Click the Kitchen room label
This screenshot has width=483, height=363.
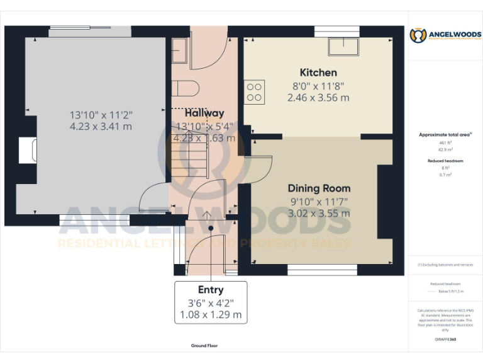[318, 72]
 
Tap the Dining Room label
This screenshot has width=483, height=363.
[319, 188]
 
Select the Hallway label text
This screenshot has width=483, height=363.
[204, 113]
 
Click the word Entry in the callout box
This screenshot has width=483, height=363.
[211, 290]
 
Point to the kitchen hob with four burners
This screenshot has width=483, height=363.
[255, 92]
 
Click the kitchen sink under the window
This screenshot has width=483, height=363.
[343, 47]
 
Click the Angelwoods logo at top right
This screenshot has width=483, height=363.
[445, 35]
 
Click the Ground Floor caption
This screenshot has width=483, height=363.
[204, 346]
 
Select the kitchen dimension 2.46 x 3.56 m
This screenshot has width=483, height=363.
[318, 98]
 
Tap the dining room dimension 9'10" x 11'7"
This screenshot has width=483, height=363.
[319, 201]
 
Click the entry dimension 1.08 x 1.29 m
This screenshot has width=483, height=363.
[211, 314]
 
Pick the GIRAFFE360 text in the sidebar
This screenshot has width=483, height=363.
[445, 340]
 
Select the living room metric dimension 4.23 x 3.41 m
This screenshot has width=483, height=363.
[101, 127]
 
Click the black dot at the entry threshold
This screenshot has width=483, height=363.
[211, 228]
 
